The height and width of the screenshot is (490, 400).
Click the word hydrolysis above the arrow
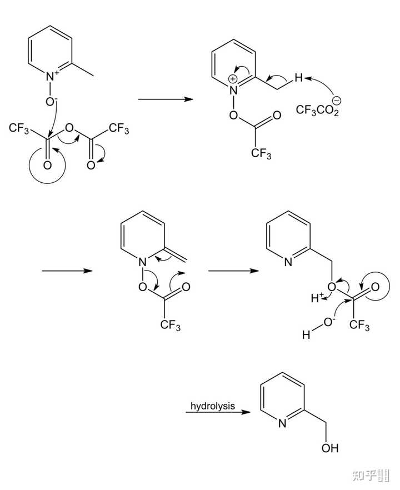[x=213, y=406]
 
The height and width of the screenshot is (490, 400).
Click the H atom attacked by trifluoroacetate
[x=298, y=79]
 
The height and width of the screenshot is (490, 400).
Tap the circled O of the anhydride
[x=47, y=166]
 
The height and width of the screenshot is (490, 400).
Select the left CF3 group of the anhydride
[x=19, y=130]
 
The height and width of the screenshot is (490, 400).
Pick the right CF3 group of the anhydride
[x=119, y=130]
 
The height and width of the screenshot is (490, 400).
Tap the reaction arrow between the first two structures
[x=164, y=99]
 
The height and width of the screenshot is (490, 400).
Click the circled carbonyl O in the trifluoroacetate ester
[x=375, y=288]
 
